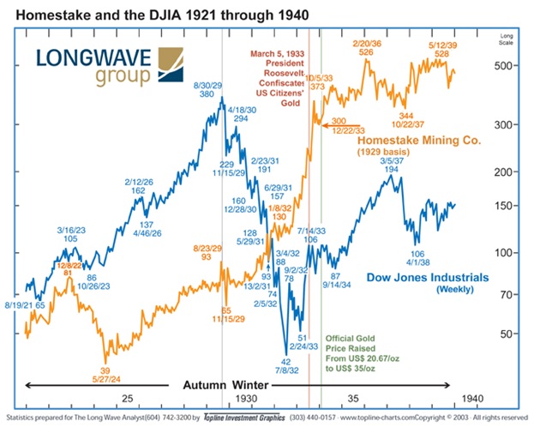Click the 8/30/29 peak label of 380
(x=208, y=89)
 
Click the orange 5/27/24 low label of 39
(x=105, y=374)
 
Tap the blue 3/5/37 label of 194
(x=392, y=163)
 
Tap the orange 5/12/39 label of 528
(x=441, y=46)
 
